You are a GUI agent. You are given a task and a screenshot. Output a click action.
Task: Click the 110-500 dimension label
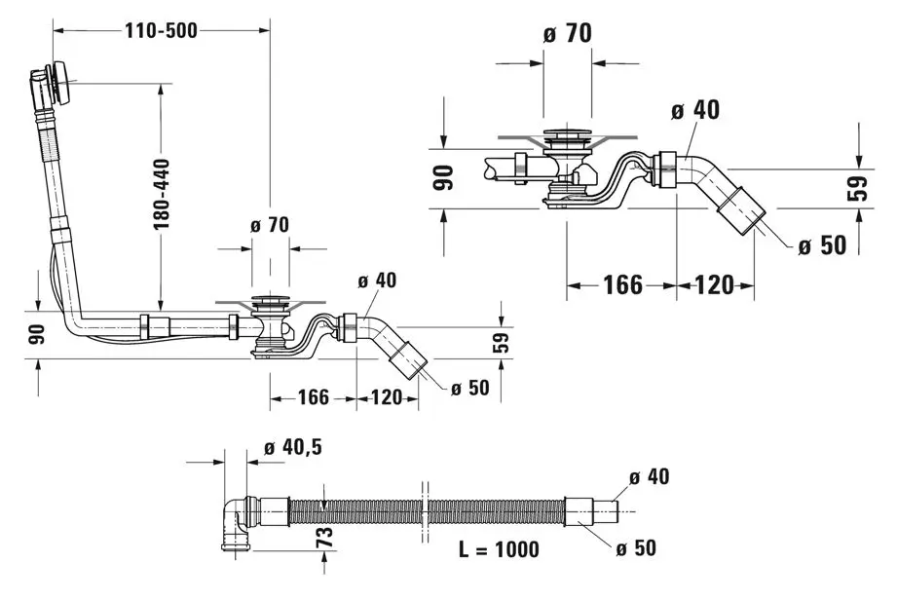pos(161,30)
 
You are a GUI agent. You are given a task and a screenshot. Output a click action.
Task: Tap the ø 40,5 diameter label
pos(292,447)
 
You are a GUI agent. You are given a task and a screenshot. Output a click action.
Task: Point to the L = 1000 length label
pos(499,549)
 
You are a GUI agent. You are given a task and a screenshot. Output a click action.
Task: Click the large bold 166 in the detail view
pos(622,284)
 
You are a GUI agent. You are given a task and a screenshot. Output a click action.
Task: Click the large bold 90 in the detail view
pos(443,178)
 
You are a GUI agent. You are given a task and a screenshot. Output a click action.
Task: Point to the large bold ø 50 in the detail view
pos(822,244)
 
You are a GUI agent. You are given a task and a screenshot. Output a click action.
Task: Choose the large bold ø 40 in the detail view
pos(694,110)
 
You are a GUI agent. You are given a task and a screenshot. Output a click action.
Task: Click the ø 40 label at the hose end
pos(649,476)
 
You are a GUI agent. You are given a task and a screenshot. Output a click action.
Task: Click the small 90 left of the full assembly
pos(33,333)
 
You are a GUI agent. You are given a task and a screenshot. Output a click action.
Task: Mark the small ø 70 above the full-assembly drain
pos(269,225)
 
